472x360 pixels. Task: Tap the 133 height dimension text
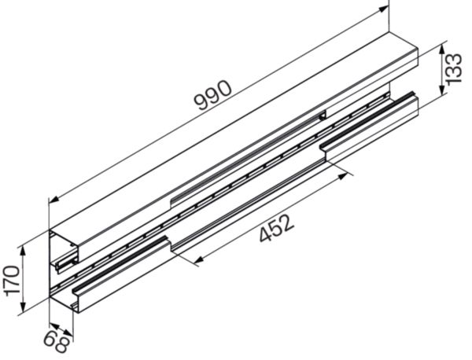click(x=453, y=68)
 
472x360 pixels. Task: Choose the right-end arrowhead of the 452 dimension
click(x=345, y=176)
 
